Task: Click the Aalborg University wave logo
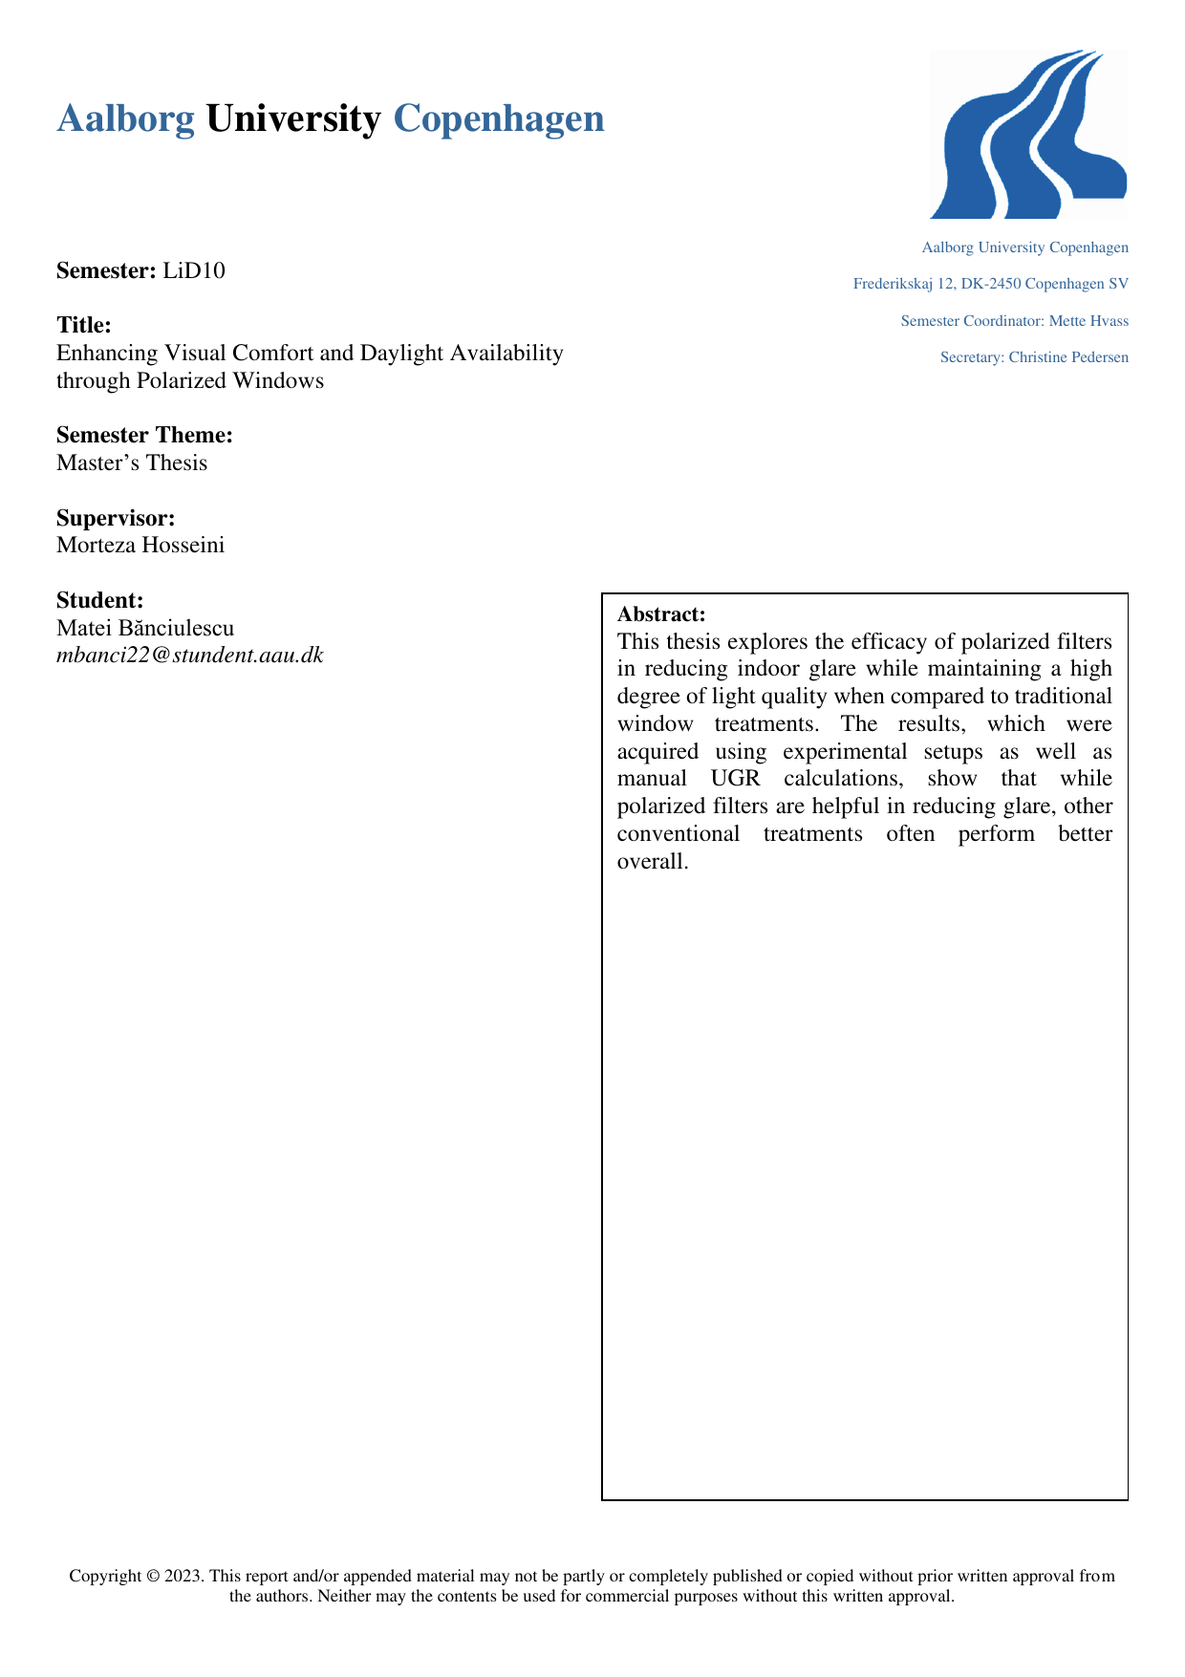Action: (x=1029, y=135)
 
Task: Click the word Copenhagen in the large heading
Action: (x=498, y=119)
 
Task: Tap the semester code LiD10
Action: (x=194, y=270)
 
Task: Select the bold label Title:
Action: (x=84, y=326)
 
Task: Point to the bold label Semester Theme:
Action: (x=144, y=436)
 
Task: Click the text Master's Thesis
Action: (x=132, y=463)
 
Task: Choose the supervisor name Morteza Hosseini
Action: (x=140, y=546)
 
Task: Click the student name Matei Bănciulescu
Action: (x=145, y=628)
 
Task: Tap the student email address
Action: (x=190, y=656)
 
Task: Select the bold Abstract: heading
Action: (x=661, y=613)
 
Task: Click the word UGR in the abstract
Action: (x=735, y=779)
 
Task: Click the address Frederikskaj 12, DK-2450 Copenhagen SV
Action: (x=990, y=284)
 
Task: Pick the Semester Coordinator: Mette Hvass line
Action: (x=1014, y=321)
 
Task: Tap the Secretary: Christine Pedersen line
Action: (x=1034, y=357)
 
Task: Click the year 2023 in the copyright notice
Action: (x=183, y=1577)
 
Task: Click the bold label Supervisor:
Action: (x=116, y=519)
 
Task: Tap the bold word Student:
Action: (x=100, y=601)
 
